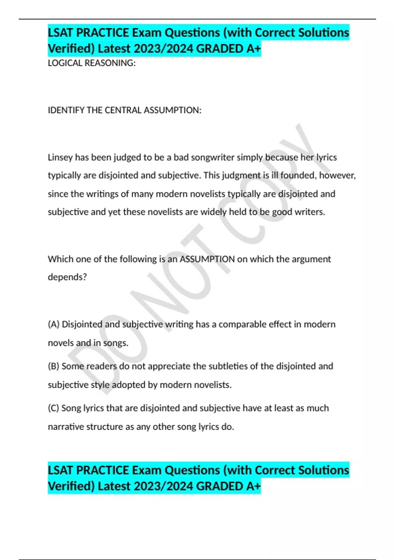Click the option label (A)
pyautogui.click(x=54, y=324)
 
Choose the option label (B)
pyautogui.click(x=54, y=366)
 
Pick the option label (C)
pyautogui.click(x=54, y=408)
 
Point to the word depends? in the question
pyautogui.click(x=67, y=277)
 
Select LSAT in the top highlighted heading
pyautogui.click(x=61, y=33)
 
